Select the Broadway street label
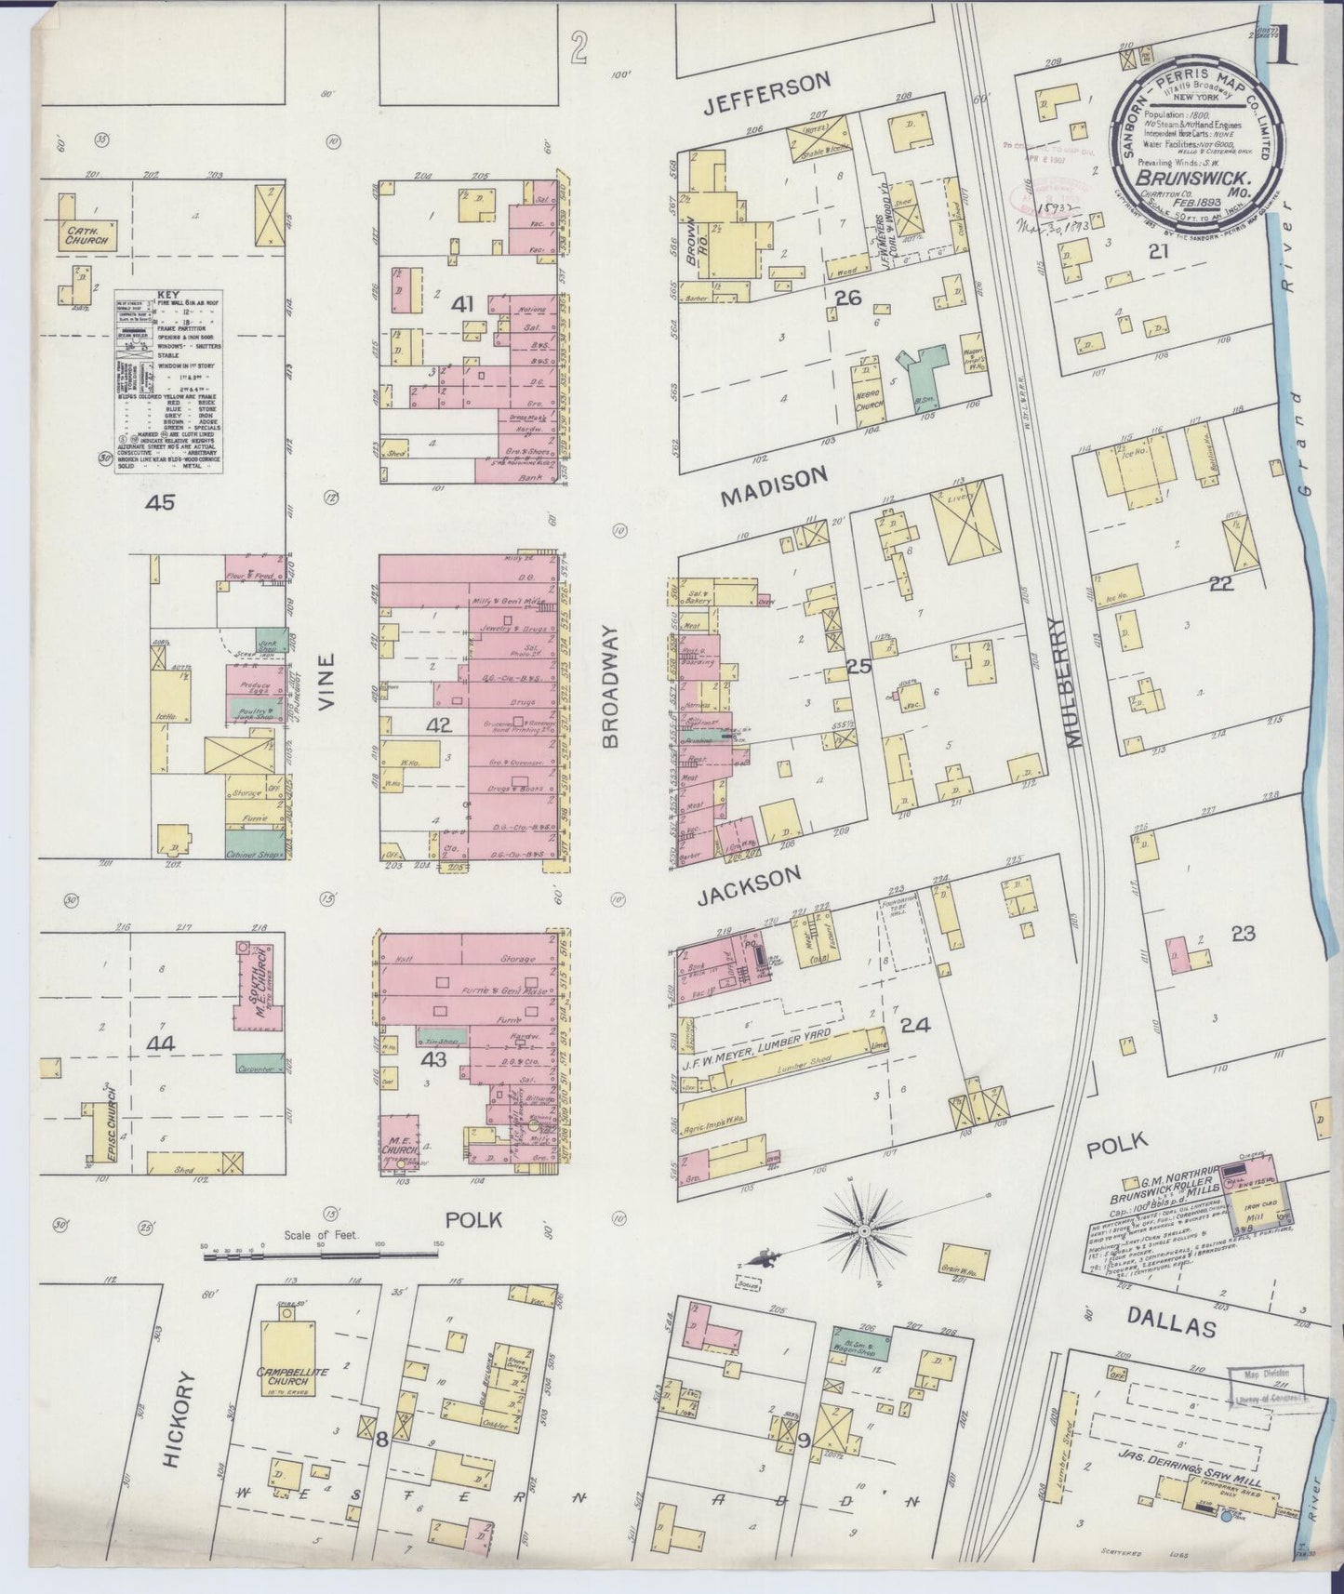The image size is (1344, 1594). (x=612, y=686)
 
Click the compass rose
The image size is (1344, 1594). (x=863, y=1229)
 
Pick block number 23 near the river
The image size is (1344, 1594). (x=1244, y=934)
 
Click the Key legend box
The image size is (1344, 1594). (x=168, y=381)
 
